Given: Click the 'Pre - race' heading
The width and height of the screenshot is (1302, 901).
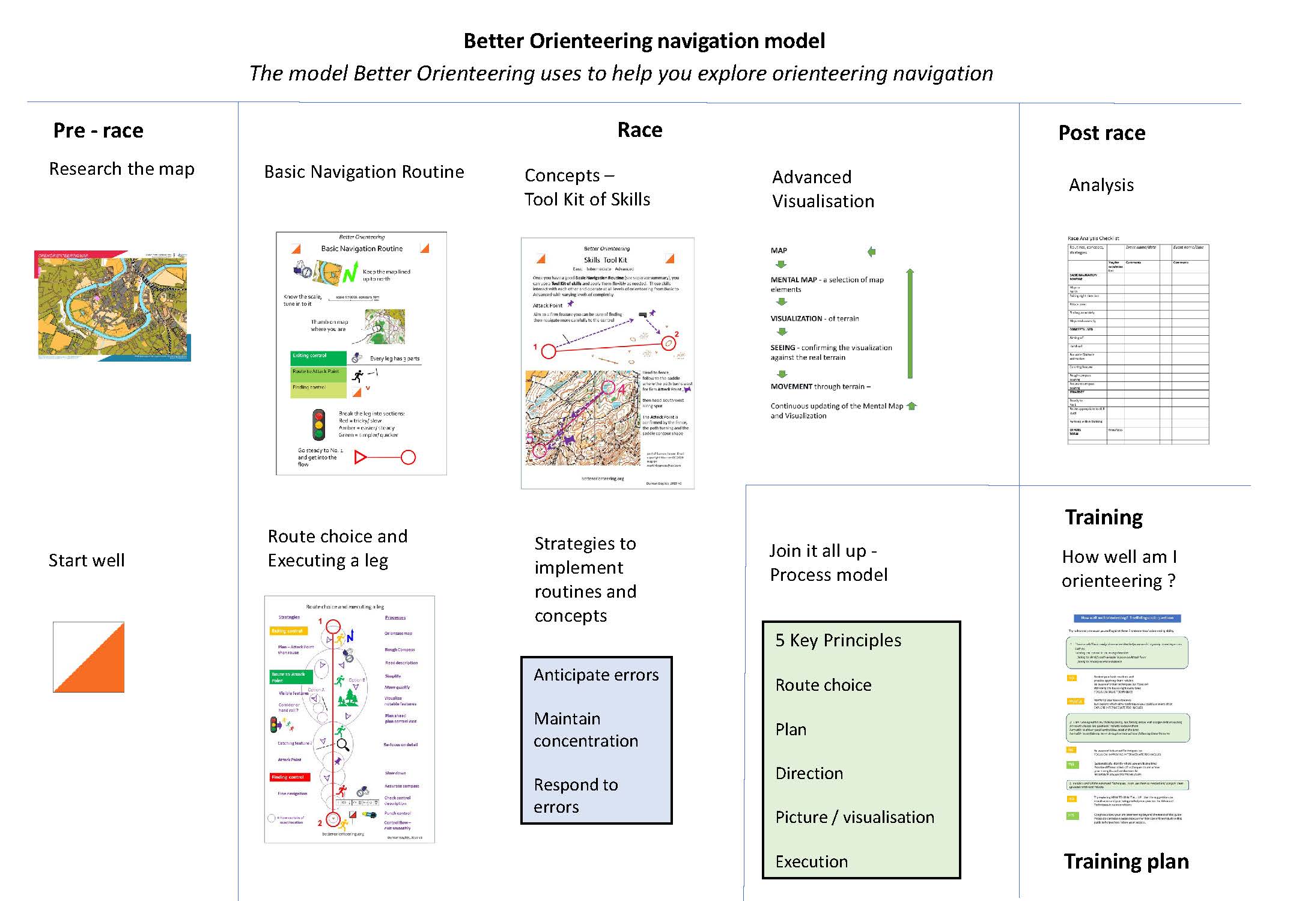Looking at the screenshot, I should coord(98,130).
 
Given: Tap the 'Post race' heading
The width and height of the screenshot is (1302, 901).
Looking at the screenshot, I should coord(1101,133).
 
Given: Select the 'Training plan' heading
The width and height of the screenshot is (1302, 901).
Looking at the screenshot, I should coord(1126,861).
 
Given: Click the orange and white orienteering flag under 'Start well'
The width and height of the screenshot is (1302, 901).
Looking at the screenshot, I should coord(89,657).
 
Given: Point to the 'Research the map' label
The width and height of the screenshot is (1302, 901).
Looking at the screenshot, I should coord(121,169).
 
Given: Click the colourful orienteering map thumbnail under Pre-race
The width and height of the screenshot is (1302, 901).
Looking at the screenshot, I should coord(112,306).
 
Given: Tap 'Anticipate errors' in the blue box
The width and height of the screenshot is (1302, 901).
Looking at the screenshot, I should coord(596,675).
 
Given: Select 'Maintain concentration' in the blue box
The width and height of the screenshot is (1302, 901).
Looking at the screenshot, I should coord(585,730).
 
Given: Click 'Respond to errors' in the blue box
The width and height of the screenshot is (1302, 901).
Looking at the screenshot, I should coord(575,796).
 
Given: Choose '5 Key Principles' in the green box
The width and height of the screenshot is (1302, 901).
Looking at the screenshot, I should coord(838,640).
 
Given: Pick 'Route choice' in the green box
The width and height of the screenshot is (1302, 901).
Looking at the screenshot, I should coord(823,685).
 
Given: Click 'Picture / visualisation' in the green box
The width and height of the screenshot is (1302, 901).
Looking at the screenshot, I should coord(854,817).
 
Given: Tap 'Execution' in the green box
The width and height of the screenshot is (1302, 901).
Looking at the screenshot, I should coord(811,861).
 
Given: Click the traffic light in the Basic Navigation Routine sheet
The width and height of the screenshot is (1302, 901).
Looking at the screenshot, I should coord(318,425).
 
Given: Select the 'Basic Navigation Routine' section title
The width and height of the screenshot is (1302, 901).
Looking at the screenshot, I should coord(364,172).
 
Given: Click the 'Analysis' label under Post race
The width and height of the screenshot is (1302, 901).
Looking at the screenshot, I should coord(1101,185).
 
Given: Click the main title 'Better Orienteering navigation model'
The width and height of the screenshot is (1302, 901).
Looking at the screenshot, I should coord(644,41).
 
